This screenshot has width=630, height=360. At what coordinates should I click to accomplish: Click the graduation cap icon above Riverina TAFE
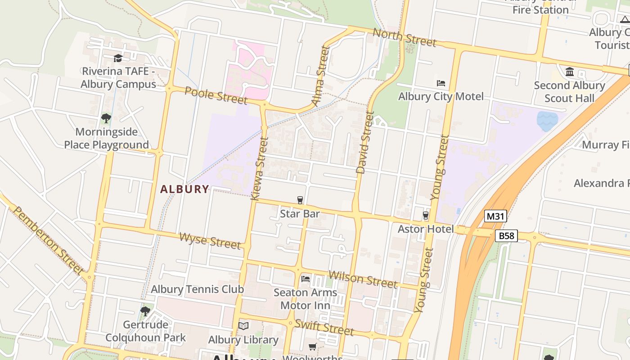click(118, 58)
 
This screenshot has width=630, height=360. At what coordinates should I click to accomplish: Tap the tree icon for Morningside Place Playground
click(106, 118)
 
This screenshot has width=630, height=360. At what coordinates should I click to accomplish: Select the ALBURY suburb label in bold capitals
click(185, 189)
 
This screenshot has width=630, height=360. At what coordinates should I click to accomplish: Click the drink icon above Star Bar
click(300, 200)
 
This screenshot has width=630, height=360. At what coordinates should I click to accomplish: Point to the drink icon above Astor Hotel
click(426, 216)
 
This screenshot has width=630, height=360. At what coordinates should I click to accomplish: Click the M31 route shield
click(495, 216)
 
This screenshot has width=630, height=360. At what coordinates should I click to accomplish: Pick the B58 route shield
click(506, 235)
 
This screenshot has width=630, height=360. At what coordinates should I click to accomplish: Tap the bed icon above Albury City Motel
click(441, 83)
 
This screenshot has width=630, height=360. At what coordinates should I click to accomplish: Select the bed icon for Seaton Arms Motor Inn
click(306, 279)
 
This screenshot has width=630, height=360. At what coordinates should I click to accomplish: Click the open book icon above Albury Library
click(243, 326)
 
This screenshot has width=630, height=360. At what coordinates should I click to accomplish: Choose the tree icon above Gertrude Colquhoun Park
click(145, 311)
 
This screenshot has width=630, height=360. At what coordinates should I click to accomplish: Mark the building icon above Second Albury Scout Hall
click(570, 72)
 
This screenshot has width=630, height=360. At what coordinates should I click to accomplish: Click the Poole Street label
click(216, 95)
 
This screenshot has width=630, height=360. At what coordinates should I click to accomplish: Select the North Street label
click(405, 37)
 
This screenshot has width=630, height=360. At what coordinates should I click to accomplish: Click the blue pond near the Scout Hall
click(547, 121)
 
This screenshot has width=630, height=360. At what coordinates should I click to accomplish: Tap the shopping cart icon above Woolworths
click(313, 346)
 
